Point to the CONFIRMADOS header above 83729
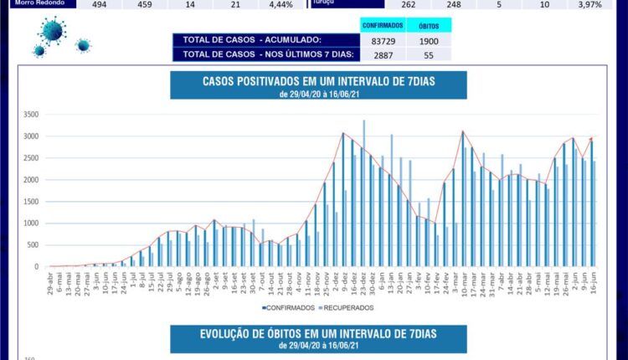[x=383, y=26]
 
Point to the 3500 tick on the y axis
[x=31, y=115]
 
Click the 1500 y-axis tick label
[x=31, y=202]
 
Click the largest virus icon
[x=51, y=33]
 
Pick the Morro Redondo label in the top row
[x=36, y=4]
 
